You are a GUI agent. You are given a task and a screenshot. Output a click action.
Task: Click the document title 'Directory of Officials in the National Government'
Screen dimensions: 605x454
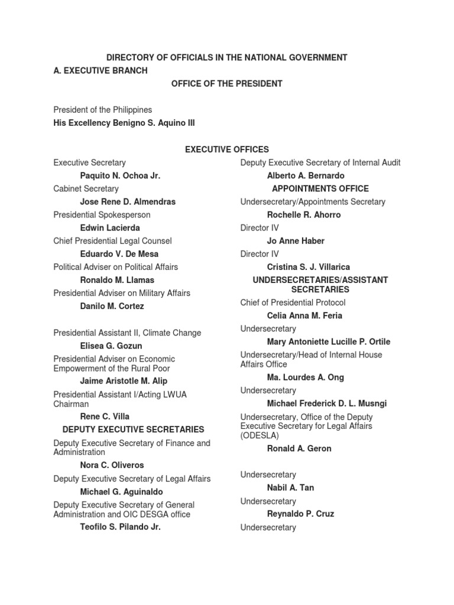click(x=226, y=57)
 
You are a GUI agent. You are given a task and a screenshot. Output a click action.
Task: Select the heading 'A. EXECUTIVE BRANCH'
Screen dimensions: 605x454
click(x=100, y=70)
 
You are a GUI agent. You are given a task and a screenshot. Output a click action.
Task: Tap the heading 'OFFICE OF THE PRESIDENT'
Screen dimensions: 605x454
click(x=226, y=84)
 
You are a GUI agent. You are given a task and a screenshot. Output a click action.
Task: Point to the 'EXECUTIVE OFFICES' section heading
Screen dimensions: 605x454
click(x=226, y=149)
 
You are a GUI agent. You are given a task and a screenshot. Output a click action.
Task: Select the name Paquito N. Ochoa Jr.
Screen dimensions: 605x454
click(x=120, y=175)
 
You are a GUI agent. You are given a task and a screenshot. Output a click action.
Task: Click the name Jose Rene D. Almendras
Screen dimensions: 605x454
click(x=128, y=201)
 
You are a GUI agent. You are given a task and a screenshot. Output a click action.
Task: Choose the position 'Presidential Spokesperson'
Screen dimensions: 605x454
click(x=102, y=214)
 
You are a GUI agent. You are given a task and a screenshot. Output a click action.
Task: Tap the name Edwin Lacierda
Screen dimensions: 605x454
click(x=110, y=227)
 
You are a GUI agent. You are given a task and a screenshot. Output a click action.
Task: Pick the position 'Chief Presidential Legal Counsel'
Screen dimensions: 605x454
click(x=112, y=240)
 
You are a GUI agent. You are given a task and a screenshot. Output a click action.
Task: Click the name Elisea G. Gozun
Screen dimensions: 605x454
click(x=111, y=346)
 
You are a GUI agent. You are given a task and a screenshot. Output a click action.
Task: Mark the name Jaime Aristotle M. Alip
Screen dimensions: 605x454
click(x=124, y=381)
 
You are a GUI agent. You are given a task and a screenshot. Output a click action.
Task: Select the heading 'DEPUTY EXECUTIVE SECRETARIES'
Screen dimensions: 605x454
click(x=134, y=430)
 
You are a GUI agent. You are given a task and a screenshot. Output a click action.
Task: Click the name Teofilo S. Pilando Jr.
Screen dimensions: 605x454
click(x=120, y=527)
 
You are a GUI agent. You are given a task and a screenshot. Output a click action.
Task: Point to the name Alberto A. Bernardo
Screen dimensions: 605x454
click(x=306, y=175)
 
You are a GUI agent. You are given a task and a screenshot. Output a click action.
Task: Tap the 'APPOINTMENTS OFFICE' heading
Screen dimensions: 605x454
click(x=320, y=188)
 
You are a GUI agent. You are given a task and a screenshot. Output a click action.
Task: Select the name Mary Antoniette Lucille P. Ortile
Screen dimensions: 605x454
click(x=329, y=341)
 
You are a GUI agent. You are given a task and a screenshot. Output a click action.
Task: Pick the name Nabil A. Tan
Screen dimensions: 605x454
click(x=290, y=487)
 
